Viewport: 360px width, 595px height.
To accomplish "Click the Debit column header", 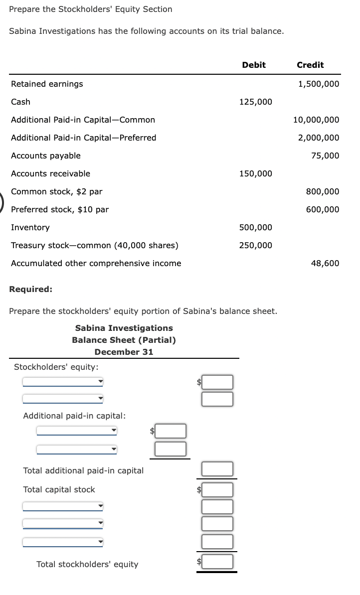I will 254,65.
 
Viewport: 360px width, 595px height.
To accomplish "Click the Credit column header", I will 310,65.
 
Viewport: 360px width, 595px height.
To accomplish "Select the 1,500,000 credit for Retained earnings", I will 319,84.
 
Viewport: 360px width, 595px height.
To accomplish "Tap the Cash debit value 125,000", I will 256,102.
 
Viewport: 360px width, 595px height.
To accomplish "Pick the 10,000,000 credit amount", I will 316,120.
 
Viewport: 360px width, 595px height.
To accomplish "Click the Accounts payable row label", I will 46,155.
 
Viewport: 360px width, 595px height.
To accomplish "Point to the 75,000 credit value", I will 325,155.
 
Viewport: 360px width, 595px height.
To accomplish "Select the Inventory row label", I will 30,227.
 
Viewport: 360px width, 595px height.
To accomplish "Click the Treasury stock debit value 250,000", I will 256,245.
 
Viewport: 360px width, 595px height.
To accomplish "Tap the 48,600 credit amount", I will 325,263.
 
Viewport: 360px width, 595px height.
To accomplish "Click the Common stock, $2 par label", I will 57,191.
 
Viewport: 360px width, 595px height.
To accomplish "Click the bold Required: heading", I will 31,289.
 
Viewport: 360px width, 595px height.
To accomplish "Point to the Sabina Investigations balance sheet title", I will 124,328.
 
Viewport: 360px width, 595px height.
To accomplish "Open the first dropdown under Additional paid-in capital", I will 76,430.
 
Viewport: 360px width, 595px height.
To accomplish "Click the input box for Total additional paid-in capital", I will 217,469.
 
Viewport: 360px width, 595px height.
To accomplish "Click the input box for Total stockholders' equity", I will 217,562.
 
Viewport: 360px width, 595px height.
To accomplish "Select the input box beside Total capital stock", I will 217,489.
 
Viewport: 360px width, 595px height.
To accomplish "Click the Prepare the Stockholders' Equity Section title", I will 91,9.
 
